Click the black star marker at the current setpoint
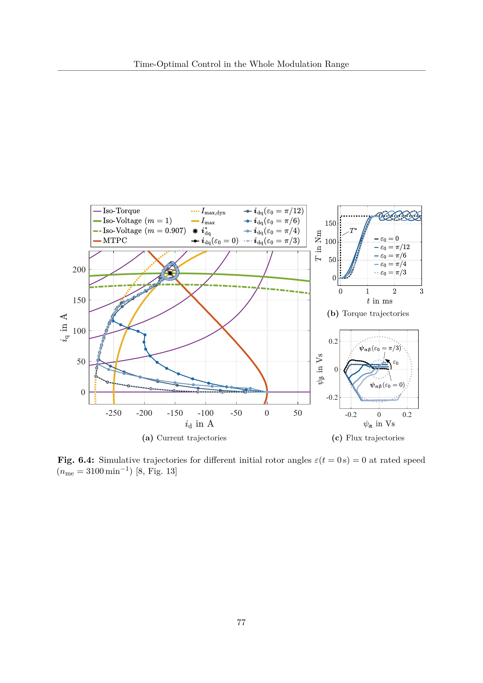click(x=170, y=273)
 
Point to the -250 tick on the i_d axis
click(x=113, y=413)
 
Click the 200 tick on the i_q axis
click(x=79, y=270)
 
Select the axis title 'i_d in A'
click(x=199, y=424)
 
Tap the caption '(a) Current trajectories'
click(x=184, y=438)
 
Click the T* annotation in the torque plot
click(x=353, y=231)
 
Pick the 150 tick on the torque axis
click(x=331, y=223)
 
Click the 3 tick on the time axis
click(x=421, y=291)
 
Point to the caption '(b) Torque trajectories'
click(x=368, y=314)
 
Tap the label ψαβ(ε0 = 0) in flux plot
click(x=387, y=385)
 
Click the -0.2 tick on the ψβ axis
click(x=332, y=397)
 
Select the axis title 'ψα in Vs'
click(x=379, y=424)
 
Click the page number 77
click(x=241, y=622)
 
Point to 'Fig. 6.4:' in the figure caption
click(x=76, y=460)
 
